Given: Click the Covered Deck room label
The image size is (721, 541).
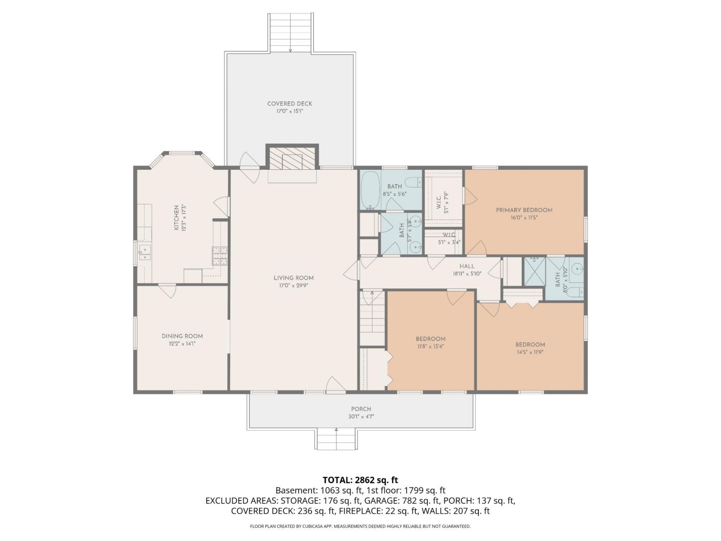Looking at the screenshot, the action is click(x=289, y=104).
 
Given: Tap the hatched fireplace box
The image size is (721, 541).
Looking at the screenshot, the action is click(x=292, y=158).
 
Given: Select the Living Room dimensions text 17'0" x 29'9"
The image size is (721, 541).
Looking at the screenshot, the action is click(x=293, y=286).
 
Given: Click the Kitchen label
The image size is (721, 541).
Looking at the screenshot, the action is click(x=176, y=217).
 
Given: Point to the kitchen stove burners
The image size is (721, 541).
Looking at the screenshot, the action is click(x=220, y=256).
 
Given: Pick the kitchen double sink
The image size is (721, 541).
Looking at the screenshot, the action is click(x=144, y=252).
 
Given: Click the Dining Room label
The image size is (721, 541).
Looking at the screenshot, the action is click(x=182, y=336).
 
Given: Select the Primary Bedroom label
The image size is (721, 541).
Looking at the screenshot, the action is click(x=524, y=210).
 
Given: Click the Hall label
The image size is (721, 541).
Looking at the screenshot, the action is click(x=467, y=266).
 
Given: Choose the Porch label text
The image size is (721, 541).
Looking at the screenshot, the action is click(x=361, y=409).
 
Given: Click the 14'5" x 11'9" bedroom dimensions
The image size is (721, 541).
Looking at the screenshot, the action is click(x=530, y=352).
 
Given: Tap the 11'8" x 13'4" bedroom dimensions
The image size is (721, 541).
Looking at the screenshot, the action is click(x=430, y=346).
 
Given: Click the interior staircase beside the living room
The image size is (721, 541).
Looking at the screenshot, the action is click(x=372, y=318).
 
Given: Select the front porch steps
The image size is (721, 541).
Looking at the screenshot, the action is click(x=336, y=439).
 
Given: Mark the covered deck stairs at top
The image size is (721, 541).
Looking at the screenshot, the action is click(x=290, y=33).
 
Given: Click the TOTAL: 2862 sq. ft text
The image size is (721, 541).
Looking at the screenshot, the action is click(x=360, y=480).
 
